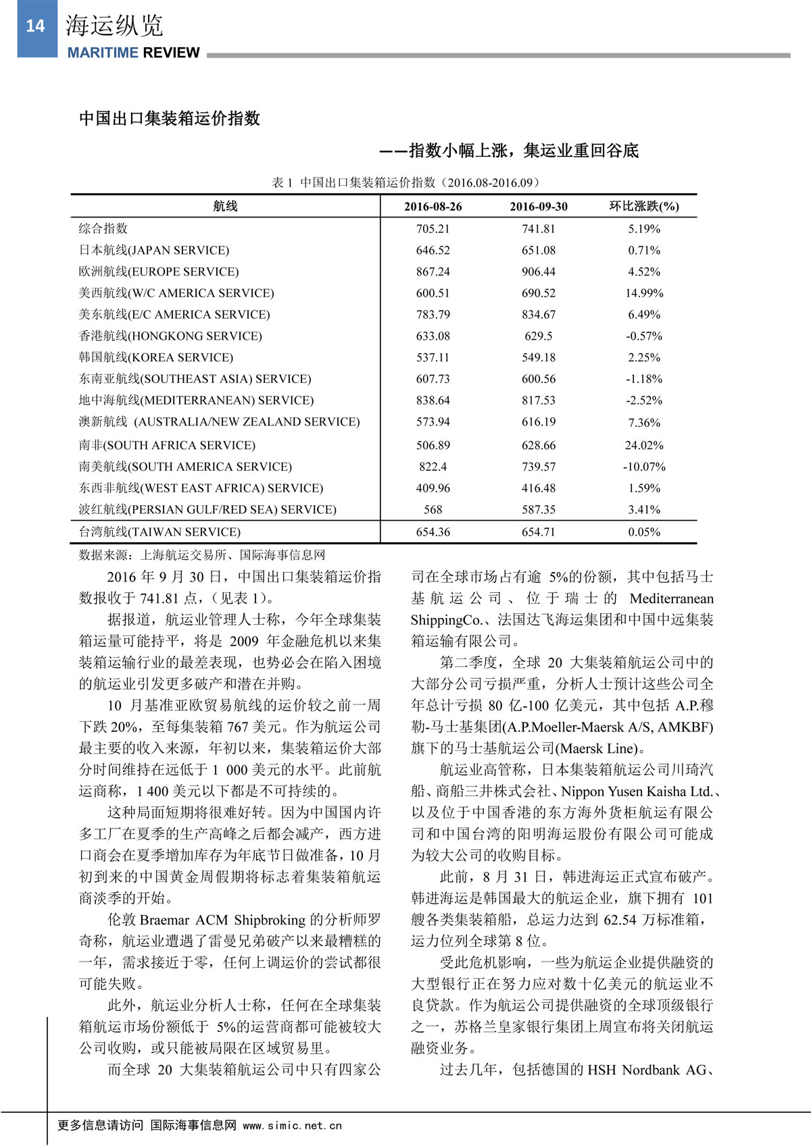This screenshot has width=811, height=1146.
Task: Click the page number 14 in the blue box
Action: (35, 26)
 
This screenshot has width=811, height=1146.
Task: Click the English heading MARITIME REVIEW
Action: (133, 53)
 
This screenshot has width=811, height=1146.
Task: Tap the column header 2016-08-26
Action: (433, 207)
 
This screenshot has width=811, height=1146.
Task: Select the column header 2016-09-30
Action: (538, 207)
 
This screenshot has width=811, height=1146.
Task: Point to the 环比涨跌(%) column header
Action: (643, 206)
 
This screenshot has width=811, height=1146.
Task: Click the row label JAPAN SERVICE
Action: (154, 251)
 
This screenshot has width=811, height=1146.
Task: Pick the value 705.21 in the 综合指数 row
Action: (433, 229)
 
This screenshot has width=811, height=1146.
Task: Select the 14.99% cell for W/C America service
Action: (643, 293)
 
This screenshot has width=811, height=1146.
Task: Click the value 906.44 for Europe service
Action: (538, 271)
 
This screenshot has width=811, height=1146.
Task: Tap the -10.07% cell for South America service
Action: (643, 467)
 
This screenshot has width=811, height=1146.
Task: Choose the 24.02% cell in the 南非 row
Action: (643, 446)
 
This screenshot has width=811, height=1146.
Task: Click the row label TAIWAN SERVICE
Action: (159, 532)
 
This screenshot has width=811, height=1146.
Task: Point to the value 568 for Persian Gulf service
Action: (433, 510)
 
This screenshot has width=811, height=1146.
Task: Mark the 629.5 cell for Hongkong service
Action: (538, 336)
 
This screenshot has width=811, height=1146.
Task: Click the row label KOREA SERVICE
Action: (155, 358)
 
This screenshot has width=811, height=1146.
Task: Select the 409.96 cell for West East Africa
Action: (433, 488)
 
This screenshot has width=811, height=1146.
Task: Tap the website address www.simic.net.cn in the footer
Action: (292, 1126)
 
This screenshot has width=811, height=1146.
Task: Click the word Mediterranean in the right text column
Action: (671, 598)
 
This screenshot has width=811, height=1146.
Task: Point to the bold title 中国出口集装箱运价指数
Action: (170, 119)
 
